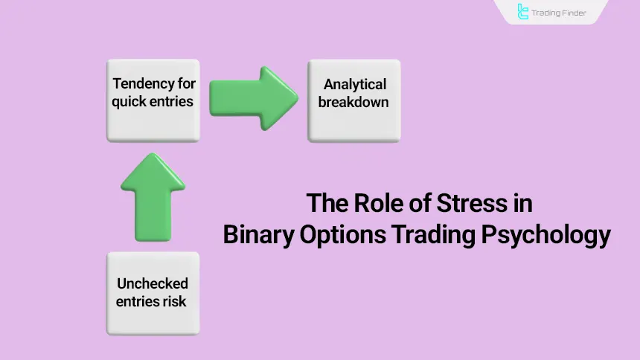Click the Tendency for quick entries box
(x=153, y=100)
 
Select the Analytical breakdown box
(x=354, y=100)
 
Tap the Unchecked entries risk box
(x=153, y=292)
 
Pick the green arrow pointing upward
(x=153, y=196)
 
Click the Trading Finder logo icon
(x=523, y=12)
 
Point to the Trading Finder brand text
(x=560, y=13)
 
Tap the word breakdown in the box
(x=354, y=102)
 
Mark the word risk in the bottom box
(x=174, y=301)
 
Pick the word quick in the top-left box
(x=129, y=102)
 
